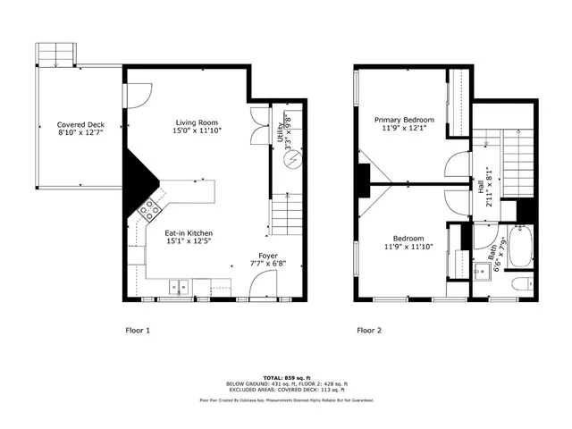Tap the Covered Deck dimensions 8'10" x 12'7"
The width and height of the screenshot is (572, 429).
point(80,133)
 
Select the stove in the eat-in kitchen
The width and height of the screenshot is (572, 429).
point(148,210)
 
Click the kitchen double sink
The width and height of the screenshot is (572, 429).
point(177,287)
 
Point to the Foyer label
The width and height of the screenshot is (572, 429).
point(268,255)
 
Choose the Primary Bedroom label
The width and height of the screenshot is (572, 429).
point(404,120)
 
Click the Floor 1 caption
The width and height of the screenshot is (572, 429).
point(137,330)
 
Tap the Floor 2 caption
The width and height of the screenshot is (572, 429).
point(369,330)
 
